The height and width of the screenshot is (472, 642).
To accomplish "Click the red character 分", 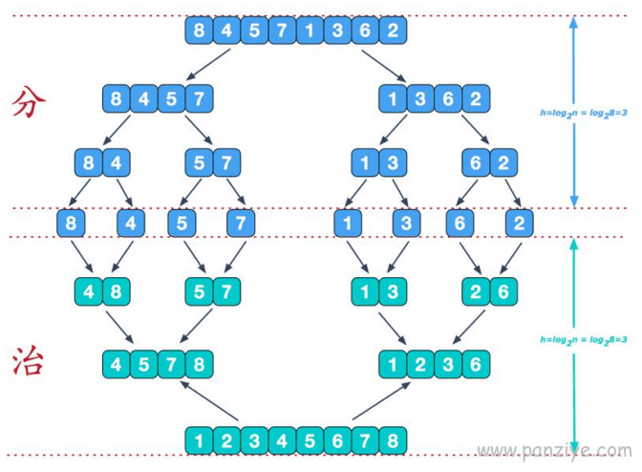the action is (x=29, y=101).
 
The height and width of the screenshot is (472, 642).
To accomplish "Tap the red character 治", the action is (x=28, y=360).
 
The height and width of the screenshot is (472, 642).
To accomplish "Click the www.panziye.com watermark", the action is (x=555, y=451).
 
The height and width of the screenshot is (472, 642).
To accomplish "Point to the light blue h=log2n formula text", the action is (x=584, y=113).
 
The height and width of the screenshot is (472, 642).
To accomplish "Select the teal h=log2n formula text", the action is (x=584, y=340).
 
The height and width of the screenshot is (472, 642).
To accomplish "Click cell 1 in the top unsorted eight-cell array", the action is (x=310, y=31).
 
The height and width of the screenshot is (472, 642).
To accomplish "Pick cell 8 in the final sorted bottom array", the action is (x=393, y=440).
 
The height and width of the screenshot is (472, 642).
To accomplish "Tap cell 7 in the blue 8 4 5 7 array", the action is (x=200, y=98).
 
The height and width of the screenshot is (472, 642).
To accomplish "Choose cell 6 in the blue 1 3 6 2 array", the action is (x=448, y=98).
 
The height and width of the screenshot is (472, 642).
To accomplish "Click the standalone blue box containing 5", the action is (x=182, y=224).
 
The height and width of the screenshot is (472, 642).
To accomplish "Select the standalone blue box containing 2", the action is (x=519, y=224).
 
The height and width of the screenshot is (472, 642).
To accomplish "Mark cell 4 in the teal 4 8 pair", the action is (x=89, y=291).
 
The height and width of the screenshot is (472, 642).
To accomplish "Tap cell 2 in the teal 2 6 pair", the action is (x=476, y=291).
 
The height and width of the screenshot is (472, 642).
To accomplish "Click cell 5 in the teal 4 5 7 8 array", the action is (x=143, y=364).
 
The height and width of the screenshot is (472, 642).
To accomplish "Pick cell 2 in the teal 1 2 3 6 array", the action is (x=420, y=364).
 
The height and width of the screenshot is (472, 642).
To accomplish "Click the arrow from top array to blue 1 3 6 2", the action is (x=384, y=66).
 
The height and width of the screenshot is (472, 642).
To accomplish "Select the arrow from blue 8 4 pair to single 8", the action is (x=79, y=192).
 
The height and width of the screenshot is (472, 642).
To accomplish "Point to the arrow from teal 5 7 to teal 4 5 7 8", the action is (x=196, y=326).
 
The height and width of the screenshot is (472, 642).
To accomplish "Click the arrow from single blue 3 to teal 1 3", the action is (x=398, y=257).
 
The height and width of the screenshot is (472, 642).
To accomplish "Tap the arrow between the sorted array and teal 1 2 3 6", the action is (x=381, y=401).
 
